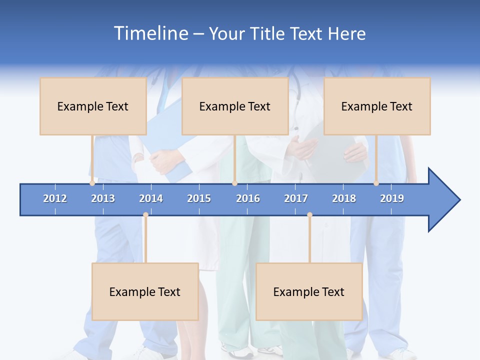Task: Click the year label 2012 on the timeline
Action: pos(55,198)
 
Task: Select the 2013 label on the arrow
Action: pos(103,198)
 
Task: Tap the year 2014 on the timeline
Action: pos(151,198)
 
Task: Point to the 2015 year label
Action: pos(199,198)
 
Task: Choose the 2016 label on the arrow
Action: pos(248,198)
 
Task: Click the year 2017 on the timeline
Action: pos(296,198)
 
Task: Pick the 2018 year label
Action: pos(344,198)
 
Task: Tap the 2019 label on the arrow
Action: pos(392,198)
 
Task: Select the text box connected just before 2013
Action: pos(93,106)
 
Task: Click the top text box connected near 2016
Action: pos(235,106)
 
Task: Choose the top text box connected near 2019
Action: pos(377,106)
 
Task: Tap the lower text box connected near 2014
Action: pos(145,291)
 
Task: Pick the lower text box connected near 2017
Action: pos(309,291)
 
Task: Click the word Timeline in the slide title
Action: pos(150,33)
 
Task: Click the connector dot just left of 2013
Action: pos(92,183)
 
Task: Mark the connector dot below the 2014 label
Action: pos(145,215)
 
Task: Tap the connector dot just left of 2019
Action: pos(376,183)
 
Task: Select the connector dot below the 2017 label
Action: pos(309,215)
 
